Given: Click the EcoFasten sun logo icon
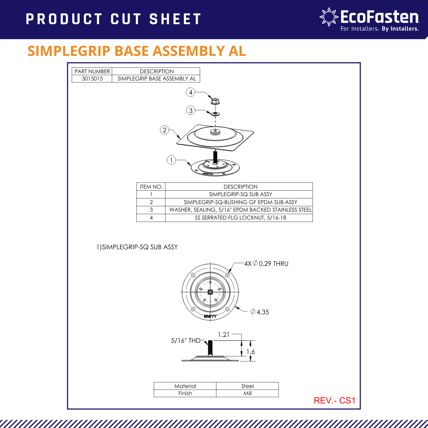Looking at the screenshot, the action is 329,17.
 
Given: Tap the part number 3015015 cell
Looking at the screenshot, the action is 92,78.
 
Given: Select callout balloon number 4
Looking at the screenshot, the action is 191,92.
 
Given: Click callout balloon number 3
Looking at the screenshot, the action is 191,110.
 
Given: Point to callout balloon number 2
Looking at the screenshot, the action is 164,130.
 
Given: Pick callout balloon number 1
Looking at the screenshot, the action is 171,160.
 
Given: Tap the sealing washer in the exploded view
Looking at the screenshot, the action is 215,113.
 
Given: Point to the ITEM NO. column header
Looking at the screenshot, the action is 151,187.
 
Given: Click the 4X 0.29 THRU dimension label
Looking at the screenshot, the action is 266,264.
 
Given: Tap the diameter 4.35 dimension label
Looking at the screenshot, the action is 260,312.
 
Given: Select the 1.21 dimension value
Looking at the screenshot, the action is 224,334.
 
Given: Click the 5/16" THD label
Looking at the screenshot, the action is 185,340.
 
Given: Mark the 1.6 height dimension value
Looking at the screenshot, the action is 250,352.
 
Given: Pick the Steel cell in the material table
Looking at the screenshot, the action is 247,386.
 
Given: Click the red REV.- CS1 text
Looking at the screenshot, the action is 334,400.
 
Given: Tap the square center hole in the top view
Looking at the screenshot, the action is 210,292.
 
